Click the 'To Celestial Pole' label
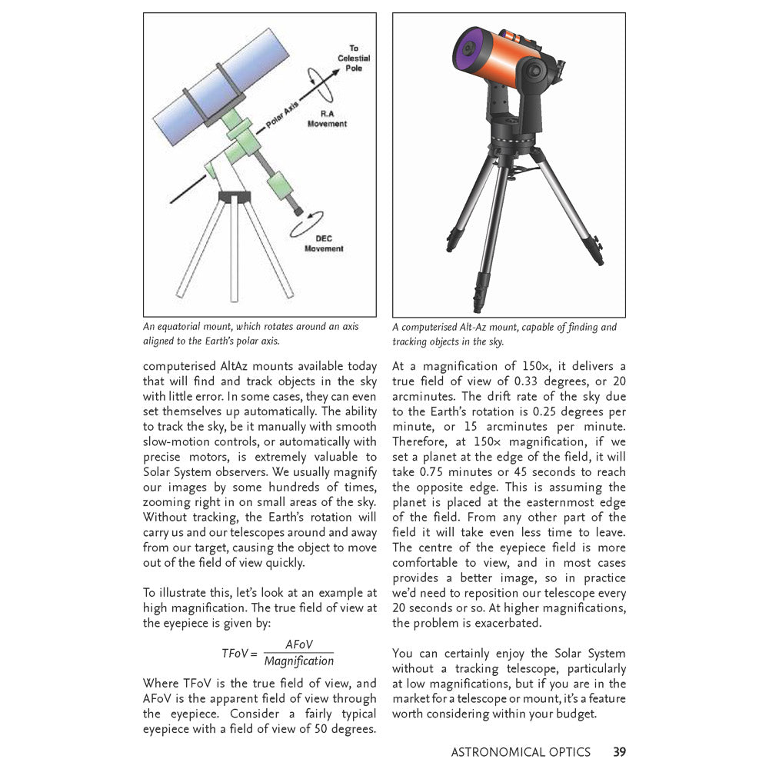(354, 58)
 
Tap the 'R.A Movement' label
(327, 118)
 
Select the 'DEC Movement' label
(324, 244)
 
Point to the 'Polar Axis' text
(282, 115)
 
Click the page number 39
(619, 751)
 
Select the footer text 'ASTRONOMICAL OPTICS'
(521, 751)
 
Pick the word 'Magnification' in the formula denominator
(299, 661)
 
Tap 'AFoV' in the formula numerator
(299, 644)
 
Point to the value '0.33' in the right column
(538, 381)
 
